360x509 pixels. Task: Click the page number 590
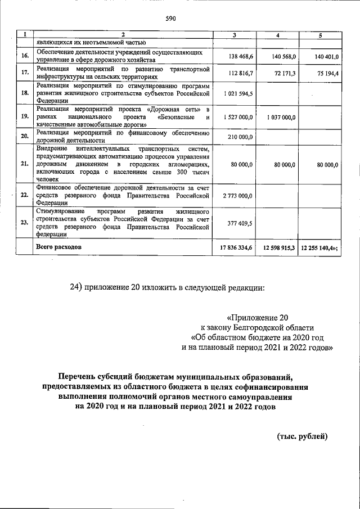pos(170,19)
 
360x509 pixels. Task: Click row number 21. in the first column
pos(25,164)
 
